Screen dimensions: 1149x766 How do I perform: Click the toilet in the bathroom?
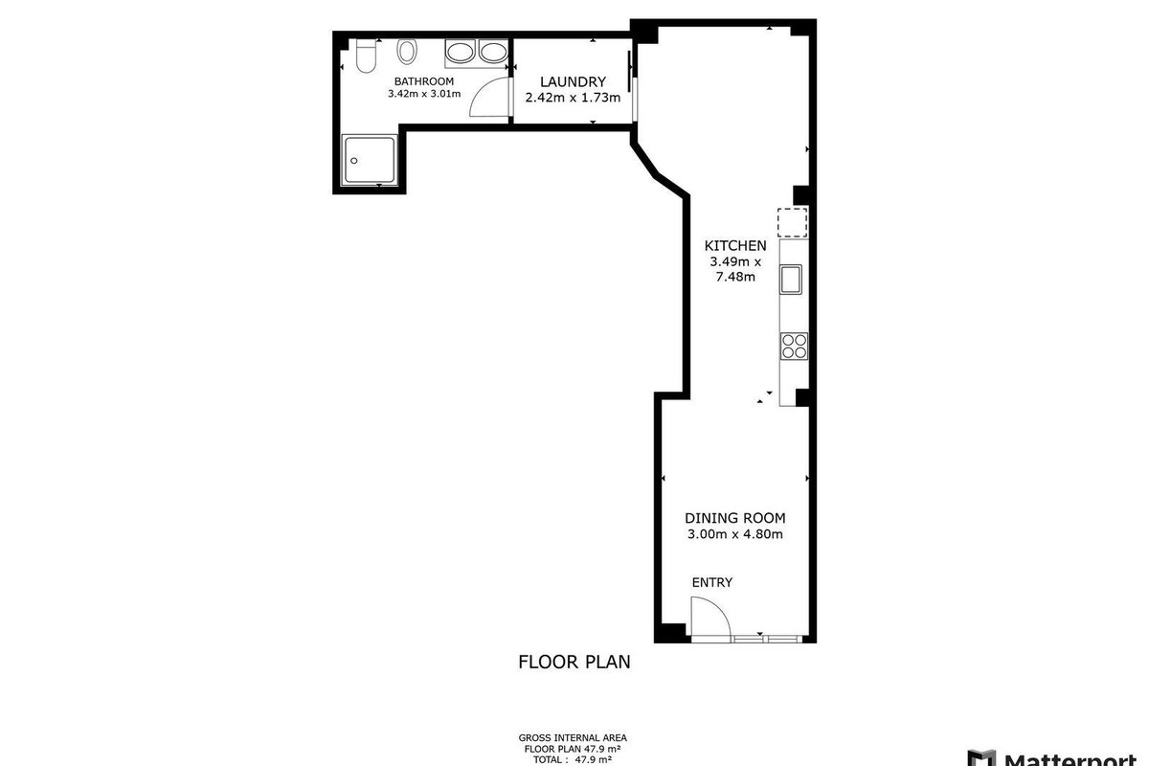pyautogui.click(x=366, y=56)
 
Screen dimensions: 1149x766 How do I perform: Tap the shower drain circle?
pyautogui.click(x=354, y=161)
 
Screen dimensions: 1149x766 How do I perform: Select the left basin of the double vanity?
pyautogui.click(x=461, y=53)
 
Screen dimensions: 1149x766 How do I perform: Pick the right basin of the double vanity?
pyautogui.click(x=493, y=53)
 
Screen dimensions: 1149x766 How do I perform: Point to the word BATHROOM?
pyautogui.click(x=423, y=81)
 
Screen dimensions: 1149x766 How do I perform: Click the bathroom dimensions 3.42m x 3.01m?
pyautogui.click(x=424, y=94)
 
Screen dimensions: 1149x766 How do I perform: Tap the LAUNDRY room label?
pyautogui.click(x=573, y=81)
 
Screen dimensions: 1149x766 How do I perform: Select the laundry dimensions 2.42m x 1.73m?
pyautogui.click(x=573, y=98)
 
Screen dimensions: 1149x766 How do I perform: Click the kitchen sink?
pyautogui.click(x=791, y=280)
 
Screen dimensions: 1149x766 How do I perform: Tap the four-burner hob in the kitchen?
pyautogui.click(x=794, y=346)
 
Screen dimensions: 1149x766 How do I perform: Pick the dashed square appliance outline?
pyautogui.click(x=793, y=223)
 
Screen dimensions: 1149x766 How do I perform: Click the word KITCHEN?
pyautogui.click(x=735, y=246)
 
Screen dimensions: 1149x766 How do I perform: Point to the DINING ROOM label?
pyautogui.click(x=735, y=518)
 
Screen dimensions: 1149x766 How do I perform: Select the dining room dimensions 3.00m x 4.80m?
pyautogui.click(x=735, y=534)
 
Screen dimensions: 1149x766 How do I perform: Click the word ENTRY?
pyautogui.click(x=712, y=582)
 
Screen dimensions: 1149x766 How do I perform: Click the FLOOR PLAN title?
pyautogui.click(x=574, y=662)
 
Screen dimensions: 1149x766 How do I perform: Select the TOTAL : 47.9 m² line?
pyautogui.click(x=573, y=760)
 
